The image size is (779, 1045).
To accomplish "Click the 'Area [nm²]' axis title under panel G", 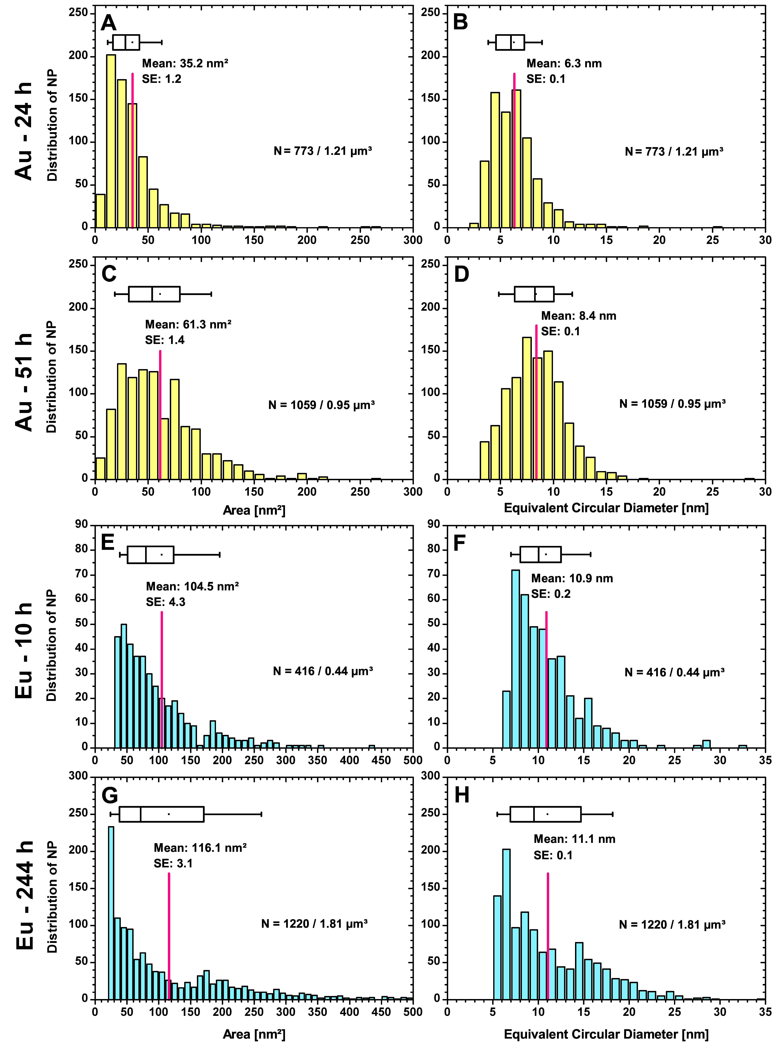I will pyautogui.click(x=254, y=1035).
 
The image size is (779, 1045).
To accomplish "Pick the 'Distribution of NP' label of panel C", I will pyautogui.click(x=52, y=377).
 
